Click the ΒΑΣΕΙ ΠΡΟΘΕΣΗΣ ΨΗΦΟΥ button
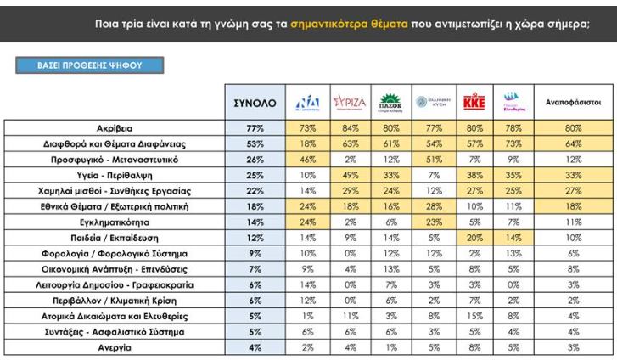tap(89, 65)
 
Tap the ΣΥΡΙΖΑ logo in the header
tap(348, 103)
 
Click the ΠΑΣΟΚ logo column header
tap(390, 102)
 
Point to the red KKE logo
tap(472, 102)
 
